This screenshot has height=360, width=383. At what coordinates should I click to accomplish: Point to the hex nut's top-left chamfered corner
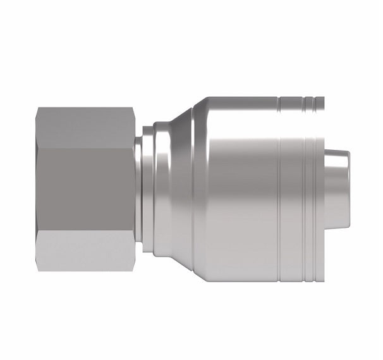point(39,111)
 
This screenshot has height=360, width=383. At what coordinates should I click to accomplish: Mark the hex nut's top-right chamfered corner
point(131,113)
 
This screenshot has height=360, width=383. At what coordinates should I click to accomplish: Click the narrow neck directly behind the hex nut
point(140,190)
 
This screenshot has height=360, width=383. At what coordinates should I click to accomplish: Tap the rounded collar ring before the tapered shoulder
point(149,190)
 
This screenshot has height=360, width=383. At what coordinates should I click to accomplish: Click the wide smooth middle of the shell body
point(240,190)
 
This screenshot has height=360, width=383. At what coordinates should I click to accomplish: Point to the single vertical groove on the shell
point(279,190)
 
